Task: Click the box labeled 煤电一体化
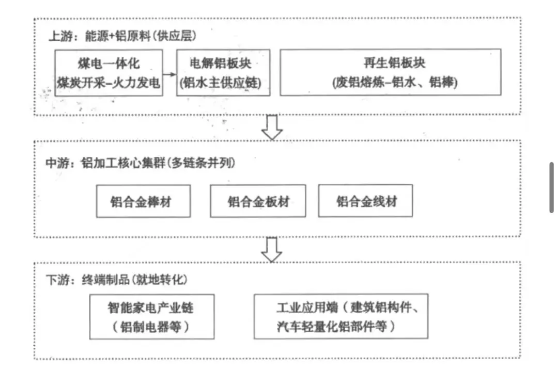(109, 72)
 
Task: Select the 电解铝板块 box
(223, 72)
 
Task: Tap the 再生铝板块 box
(390, 72)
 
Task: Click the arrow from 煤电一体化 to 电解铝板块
(170, 73)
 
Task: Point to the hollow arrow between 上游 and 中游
(272, 127)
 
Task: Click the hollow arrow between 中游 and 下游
(272, 249)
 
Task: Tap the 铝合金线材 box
(366, 201)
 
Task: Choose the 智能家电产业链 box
(151, 316)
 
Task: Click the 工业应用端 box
(341, 316)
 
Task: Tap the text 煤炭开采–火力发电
(109, 83)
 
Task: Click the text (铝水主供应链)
(223, 83)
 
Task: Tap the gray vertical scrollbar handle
(552, 187)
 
